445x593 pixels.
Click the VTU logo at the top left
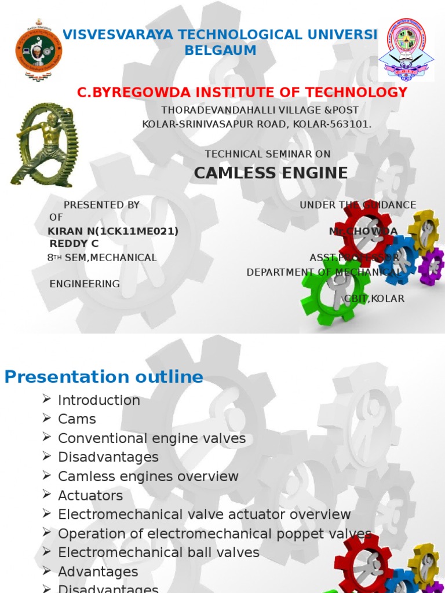click(x=39, y=50)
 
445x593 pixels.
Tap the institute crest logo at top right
click(x=406, y=50)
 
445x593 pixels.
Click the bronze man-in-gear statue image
click(x=44, y=145)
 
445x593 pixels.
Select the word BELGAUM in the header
click(x=220, y=50)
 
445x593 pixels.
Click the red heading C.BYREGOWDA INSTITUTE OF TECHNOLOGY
click(x=242, y=93)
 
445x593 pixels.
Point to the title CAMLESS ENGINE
click(x=271, y=173)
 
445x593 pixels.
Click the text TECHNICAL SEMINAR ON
click(x=268, y=153)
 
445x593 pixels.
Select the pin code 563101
click(x=351, y=124)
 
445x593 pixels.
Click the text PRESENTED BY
click(x=101, y=205)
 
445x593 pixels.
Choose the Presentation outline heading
click(x=104, y=377)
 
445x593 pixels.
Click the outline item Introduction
click(x=99, y=400)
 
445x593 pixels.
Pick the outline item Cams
click(x=77, y=419)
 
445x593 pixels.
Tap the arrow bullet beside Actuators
click(x=47, y=495)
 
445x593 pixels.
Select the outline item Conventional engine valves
click(x=152, y=438)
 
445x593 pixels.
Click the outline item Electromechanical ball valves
click(x=159, y=552)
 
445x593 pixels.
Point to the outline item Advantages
click(x=98, y=572)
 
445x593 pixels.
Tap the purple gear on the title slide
click(x=432, y=266)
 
